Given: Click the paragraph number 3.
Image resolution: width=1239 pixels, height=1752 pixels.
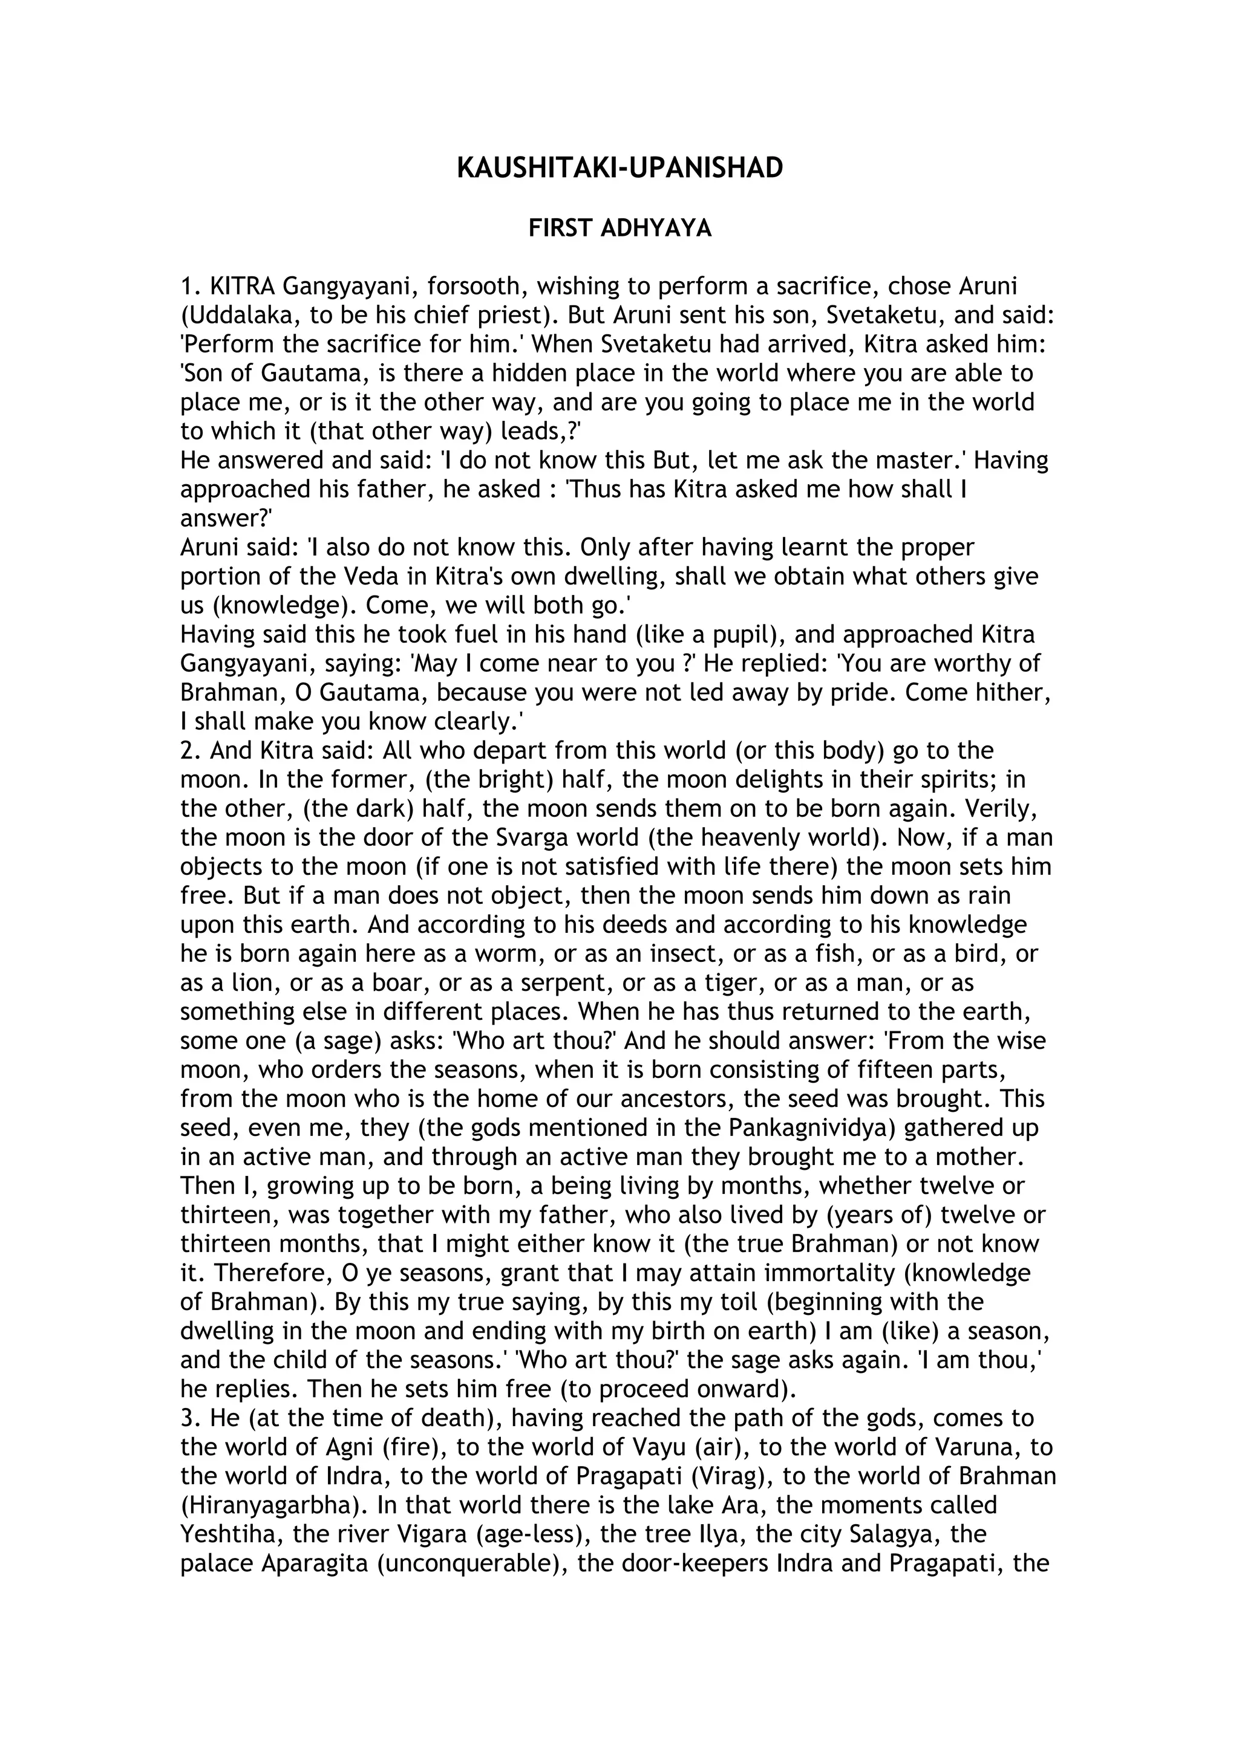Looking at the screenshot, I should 188,1418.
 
